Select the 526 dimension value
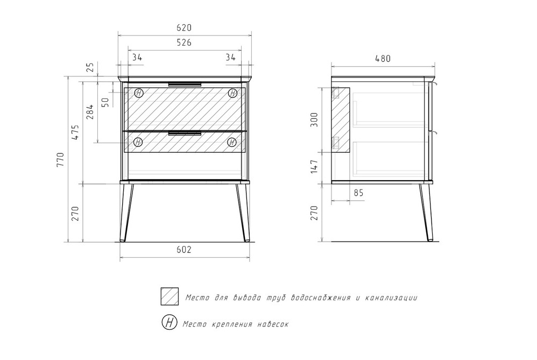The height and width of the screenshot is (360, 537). [184, 43]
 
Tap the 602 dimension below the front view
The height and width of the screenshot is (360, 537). [184, 250]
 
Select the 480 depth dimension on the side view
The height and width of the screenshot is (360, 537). [382, 58]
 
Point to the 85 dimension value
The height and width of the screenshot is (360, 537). [358, 193]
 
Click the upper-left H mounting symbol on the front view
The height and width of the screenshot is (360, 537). [139, 93]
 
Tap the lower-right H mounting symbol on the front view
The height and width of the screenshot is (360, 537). [232, 142]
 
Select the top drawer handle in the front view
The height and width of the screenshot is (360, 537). [185, 84]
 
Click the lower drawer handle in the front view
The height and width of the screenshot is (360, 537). [185, 133]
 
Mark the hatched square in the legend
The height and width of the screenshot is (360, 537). [169, 297]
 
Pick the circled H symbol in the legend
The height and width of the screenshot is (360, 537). [169, 323]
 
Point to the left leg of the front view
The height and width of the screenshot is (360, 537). [126, 213]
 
